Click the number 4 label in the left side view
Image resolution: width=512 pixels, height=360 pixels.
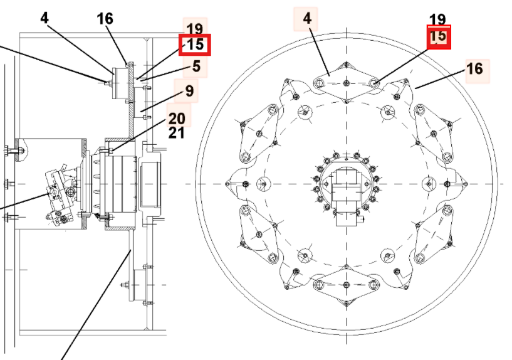tap(44, 18)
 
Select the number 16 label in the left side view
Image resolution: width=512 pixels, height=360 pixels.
tap(105, 19)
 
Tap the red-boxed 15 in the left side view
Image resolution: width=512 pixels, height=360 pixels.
tap(195, 45)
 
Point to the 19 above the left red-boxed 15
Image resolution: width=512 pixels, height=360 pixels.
tap(195, 28)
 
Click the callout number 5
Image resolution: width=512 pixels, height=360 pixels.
tap(196, 66)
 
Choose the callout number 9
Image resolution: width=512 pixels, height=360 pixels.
tap(189, 91)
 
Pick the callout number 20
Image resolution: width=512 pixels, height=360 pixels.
tap(177, 117)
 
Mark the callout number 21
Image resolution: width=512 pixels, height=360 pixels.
tap(177, 132)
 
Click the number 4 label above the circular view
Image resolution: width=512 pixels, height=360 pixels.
tap(306, 19)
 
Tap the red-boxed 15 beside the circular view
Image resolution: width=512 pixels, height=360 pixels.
tap(439, 36)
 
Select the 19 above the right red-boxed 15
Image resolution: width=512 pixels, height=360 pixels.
tap(438, 20)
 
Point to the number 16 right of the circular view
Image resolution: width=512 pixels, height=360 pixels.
tap(475, 68)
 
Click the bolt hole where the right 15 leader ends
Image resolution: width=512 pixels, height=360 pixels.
tap(374, 82)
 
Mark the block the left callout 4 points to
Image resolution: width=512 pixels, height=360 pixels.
tap(118, 83)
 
